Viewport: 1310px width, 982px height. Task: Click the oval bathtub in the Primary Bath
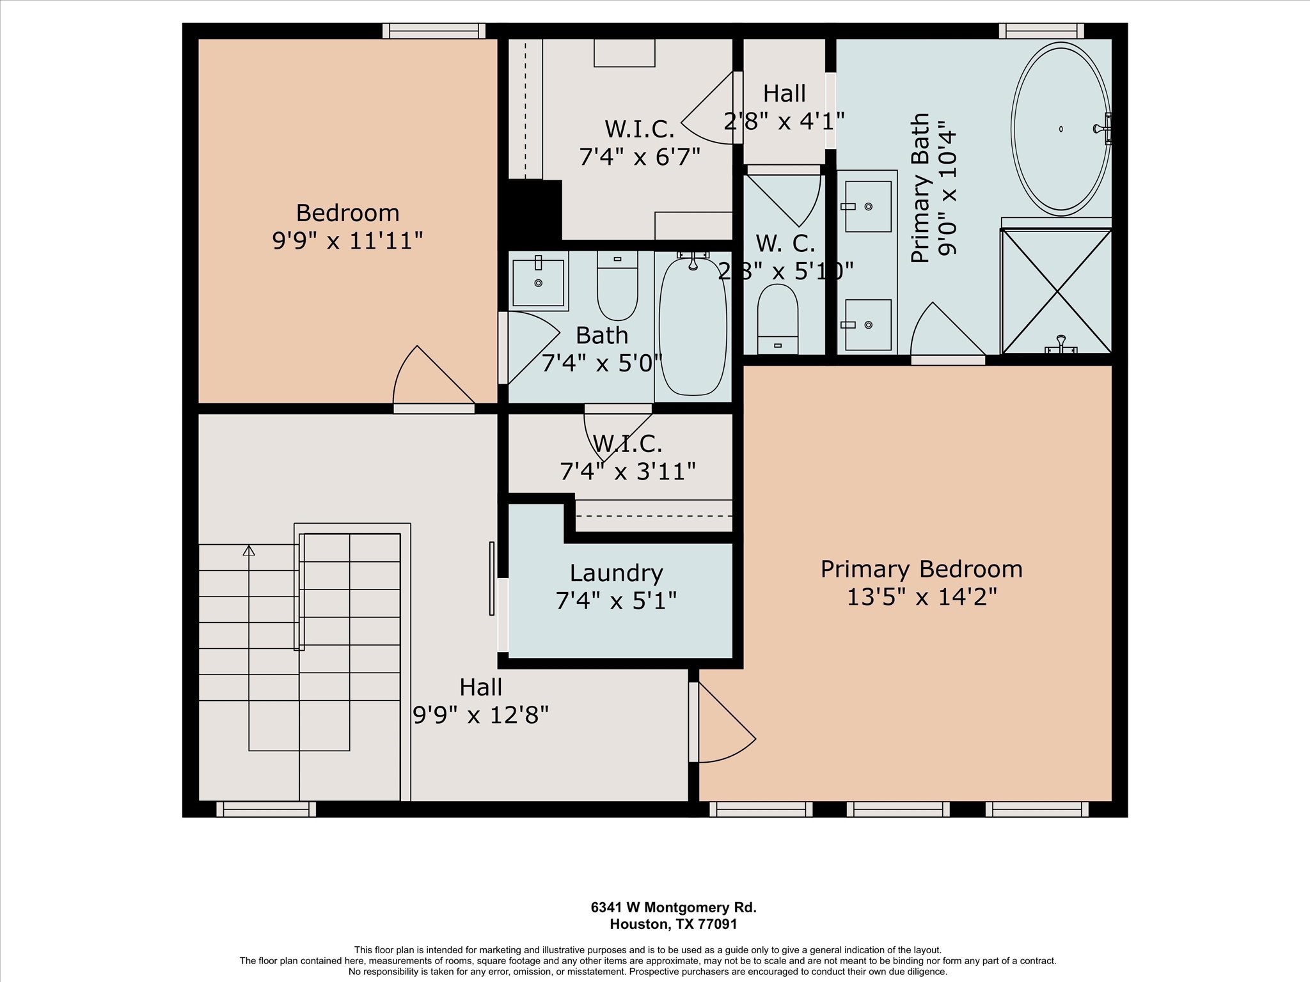coord(1061,129)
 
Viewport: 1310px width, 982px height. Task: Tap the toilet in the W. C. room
coord(777,318)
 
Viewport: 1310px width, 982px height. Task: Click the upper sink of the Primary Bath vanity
coord(868,207)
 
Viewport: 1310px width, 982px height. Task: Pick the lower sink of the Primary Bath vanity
coord(868,325)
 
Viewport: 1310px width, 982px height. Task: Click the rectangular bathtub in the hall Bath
coord(693,325)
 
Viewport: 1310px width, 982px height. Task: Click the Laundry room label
coord(616,573)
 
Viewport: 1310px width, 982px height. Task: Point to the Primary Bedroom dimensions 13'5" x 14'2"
coord(922,597)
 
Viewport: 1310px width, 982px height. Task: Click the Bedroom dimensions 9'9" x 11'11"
coord(347,240)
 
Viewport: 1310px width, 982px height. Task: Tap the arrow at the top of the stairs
coord(249,550)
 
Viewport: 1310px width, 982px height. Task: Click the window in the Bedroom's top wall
coord(434,31)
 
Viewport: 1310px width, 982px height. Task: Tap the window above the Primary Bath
coord(1041,31)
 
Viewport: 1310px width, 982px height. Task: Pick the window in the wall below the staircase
coord(266,809)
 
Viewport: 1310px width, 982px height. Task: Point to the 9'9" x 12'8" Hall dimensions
coord(480,715)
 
